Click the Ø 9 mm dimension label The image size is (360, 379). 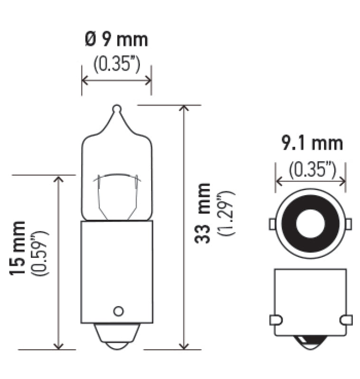coord(117,40)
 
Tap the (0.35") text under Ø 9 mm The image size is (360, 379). coord(117,64)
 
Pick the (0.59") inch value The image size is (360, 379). coord(40,253)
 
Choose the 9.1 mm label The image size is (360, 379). coord(311,143)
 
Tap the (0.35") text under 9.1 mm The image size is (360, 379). coord(311,168)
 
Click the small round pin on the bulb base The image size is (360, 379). coord(118,311)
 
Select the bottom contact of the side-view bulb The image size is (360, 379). coord(117,339)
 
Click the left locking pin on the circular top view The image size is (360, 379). coord(272,223)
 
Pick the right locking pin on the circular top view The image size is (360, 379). coord(349,223)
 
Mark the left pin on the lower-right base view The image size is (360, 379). coord(274,320)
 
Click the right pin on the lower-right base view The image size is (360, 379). coord(348,320)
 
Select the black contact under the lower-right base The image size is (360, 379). coord(311,340)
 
